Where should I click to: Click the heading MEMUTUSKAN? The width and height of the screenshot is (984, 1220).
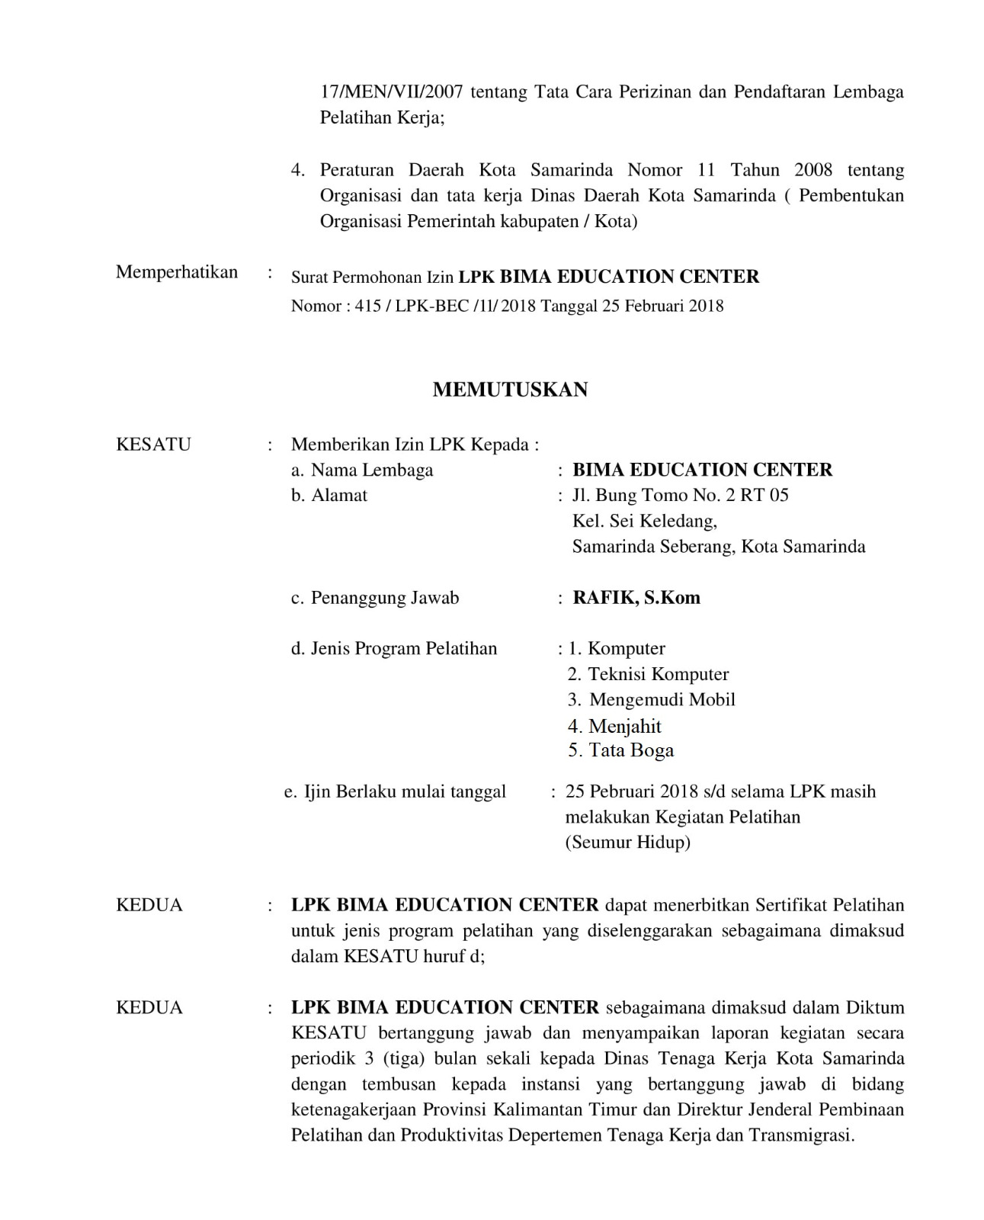point(510,390)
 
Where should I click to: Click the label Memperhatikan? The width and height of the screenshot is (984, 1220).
point(176,272)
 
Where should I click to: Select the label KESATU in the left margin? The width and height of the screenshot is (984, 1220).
point(153,444)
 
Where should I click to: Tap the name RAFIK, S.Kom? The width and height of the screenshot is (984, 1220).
point(636,597)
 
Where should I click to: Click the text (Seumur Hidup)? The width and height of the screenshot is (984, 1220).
point(627,843)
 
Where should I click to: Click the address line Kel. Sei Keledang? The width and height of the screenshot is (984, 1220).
point(644,521)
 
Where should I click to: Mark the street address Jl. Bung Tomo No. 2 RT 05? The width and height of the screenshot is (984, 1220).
point(680,496)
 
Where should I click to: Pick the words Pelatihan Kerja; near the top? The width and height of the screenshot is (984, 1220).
point(382,118)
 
